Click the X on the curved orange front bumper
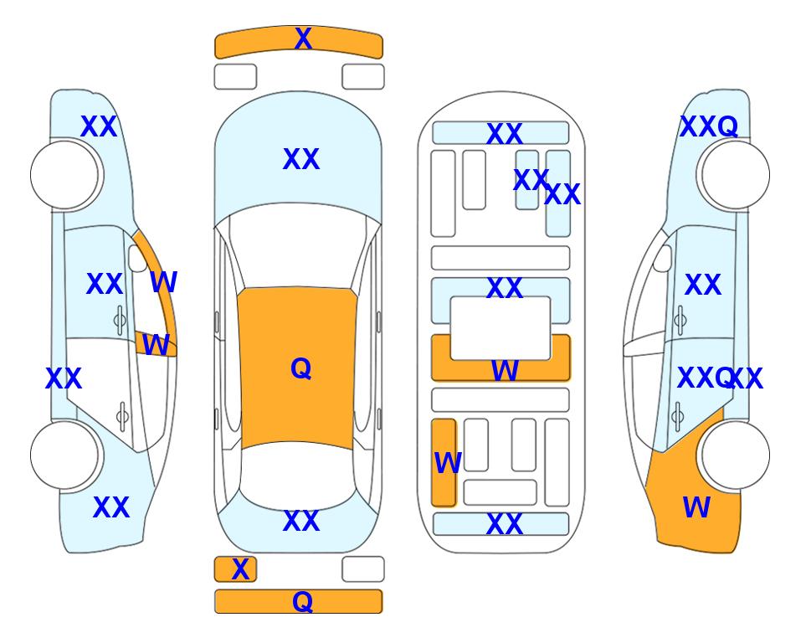[303, 39]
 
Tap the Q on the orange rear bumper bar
[302, 601]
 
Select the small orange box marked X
[235, 569]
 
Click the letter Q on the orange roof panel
[300, 368]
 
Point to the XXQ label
[709, 126]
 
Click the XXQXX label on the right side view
[720, 378]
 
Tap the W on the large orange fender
[696, 507]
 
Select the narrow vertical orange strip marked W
[444, 462]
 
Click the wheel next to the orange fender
[735, 455]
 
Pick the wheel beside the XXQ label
[735, 175]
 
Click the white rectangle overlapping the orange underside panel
[501, 328]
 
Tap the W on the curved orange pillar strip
[163, 282]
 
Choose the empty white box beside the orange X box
[363, 569]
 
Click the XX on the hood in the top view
[301, 159]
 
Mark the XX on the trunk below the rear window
[301, 521]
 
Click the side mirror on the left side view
[137, 258]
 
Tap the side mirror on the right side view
[663, 258]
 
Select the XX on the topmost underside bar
[504, 134]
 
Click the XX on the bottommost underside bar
[504, 524]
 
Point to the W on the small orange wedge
[156, 345]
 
